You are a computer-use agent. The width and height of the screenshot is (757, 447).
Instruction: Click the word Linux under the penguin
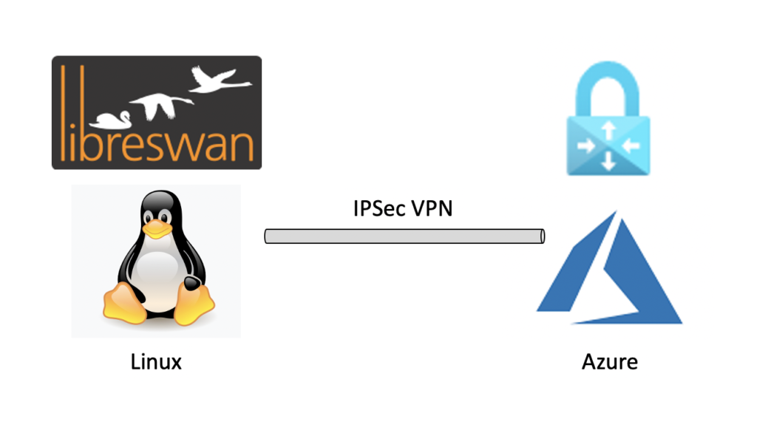pos(156,362)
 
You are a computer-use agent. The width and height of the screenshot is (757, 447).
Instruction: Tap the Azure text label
pos(609,362)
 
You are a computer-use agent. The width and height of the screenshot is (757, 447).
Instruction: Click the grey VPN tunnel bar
pos(403,236)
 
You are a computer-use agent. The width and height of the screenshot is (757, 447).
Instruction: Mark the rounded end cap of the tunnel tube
pos(541,236)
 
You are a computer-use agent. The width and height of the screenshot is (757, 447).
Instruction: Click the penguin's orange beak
pos(156,228)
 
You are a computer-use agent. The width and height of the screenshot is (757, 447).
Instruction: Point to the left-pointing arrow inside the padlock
pos(629,146)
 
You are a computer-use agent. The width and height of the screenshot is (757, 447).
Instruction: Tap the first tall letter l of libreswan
pos(63,111)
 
